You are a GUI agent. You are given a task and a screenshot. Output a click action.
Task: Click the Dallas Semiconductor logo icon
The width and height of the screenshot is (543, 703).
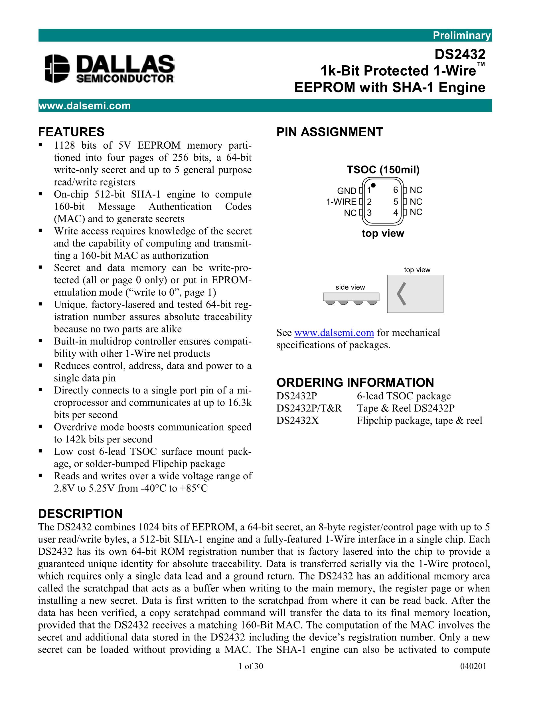[x=57, y=68]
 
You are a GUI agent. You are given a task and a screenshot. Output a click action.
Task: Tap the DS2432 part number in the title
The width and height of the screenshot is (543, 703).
[x=460, y=54]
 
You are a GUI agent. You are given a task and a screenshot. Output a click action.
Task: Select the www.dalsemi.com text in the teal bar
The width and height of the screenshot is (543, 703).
[x=85, y=106]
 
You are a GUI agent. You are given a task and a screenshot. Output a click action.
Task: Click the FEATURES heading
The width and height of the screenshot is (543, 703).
[x=71, y=132]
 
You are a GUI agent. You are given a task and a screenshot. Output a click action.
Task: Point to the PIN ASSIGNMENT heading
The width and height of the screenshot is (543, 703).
[x=330, y=132]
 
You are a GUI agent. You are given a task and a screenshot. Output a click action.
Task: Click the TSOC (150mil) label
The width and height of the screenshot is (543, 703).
[x=383, y=170]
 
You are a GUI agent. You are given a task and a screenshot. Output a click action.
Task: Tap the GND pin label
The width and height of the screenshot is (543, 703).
[x=347, y=191]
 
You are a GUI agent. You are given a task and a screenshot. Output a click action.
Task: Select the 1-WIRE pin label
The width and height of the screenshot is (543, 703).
[x=341, y=202]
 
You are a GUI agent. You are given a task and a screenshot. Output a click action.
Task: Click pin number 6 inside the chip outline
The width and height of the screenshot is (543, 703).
[x=395, y=190]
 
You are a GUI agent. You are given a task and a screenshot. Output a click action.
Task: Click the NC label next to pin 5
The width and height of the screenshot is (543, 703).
[x=416, y=202]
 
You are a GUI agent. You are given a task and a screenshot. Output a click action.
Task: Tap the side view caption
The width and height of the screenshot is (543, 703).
[x=350, y=287]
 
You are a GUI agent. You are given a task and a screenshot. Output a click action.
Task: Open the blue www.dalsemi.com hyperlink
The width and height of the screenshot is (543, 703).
[x=334, y=332]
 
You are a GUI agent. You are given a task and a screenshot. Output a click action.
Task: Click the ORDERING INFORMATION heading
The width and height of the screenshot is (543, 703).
[x=355, y=382]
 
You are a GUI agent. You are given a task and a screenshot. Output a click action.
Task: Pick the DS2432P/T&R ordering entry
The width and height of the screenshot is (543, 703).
[x=309, y=408]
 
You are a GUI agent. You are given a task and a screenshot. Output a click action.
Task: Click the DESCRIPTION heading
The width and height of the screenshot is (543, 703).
[x=80, y=514]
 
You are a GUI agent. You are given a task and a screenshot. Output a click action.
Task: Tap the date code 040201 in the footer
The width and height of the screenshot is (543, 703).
[x=473, y=666]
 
